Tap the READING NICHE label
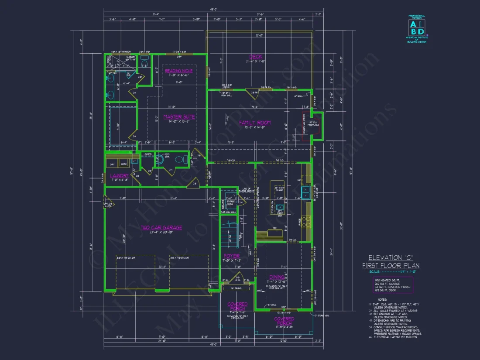178,71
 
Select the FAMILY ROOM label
255,123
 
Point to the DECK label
255,57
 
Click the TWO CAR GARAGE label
161,227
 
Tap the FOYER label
232,256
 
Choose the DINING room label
277,277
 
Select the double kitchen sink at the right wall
307,192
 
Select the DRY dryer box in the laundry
112,164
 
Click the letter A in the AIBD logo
412,24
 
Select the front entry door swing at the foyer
237,278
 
